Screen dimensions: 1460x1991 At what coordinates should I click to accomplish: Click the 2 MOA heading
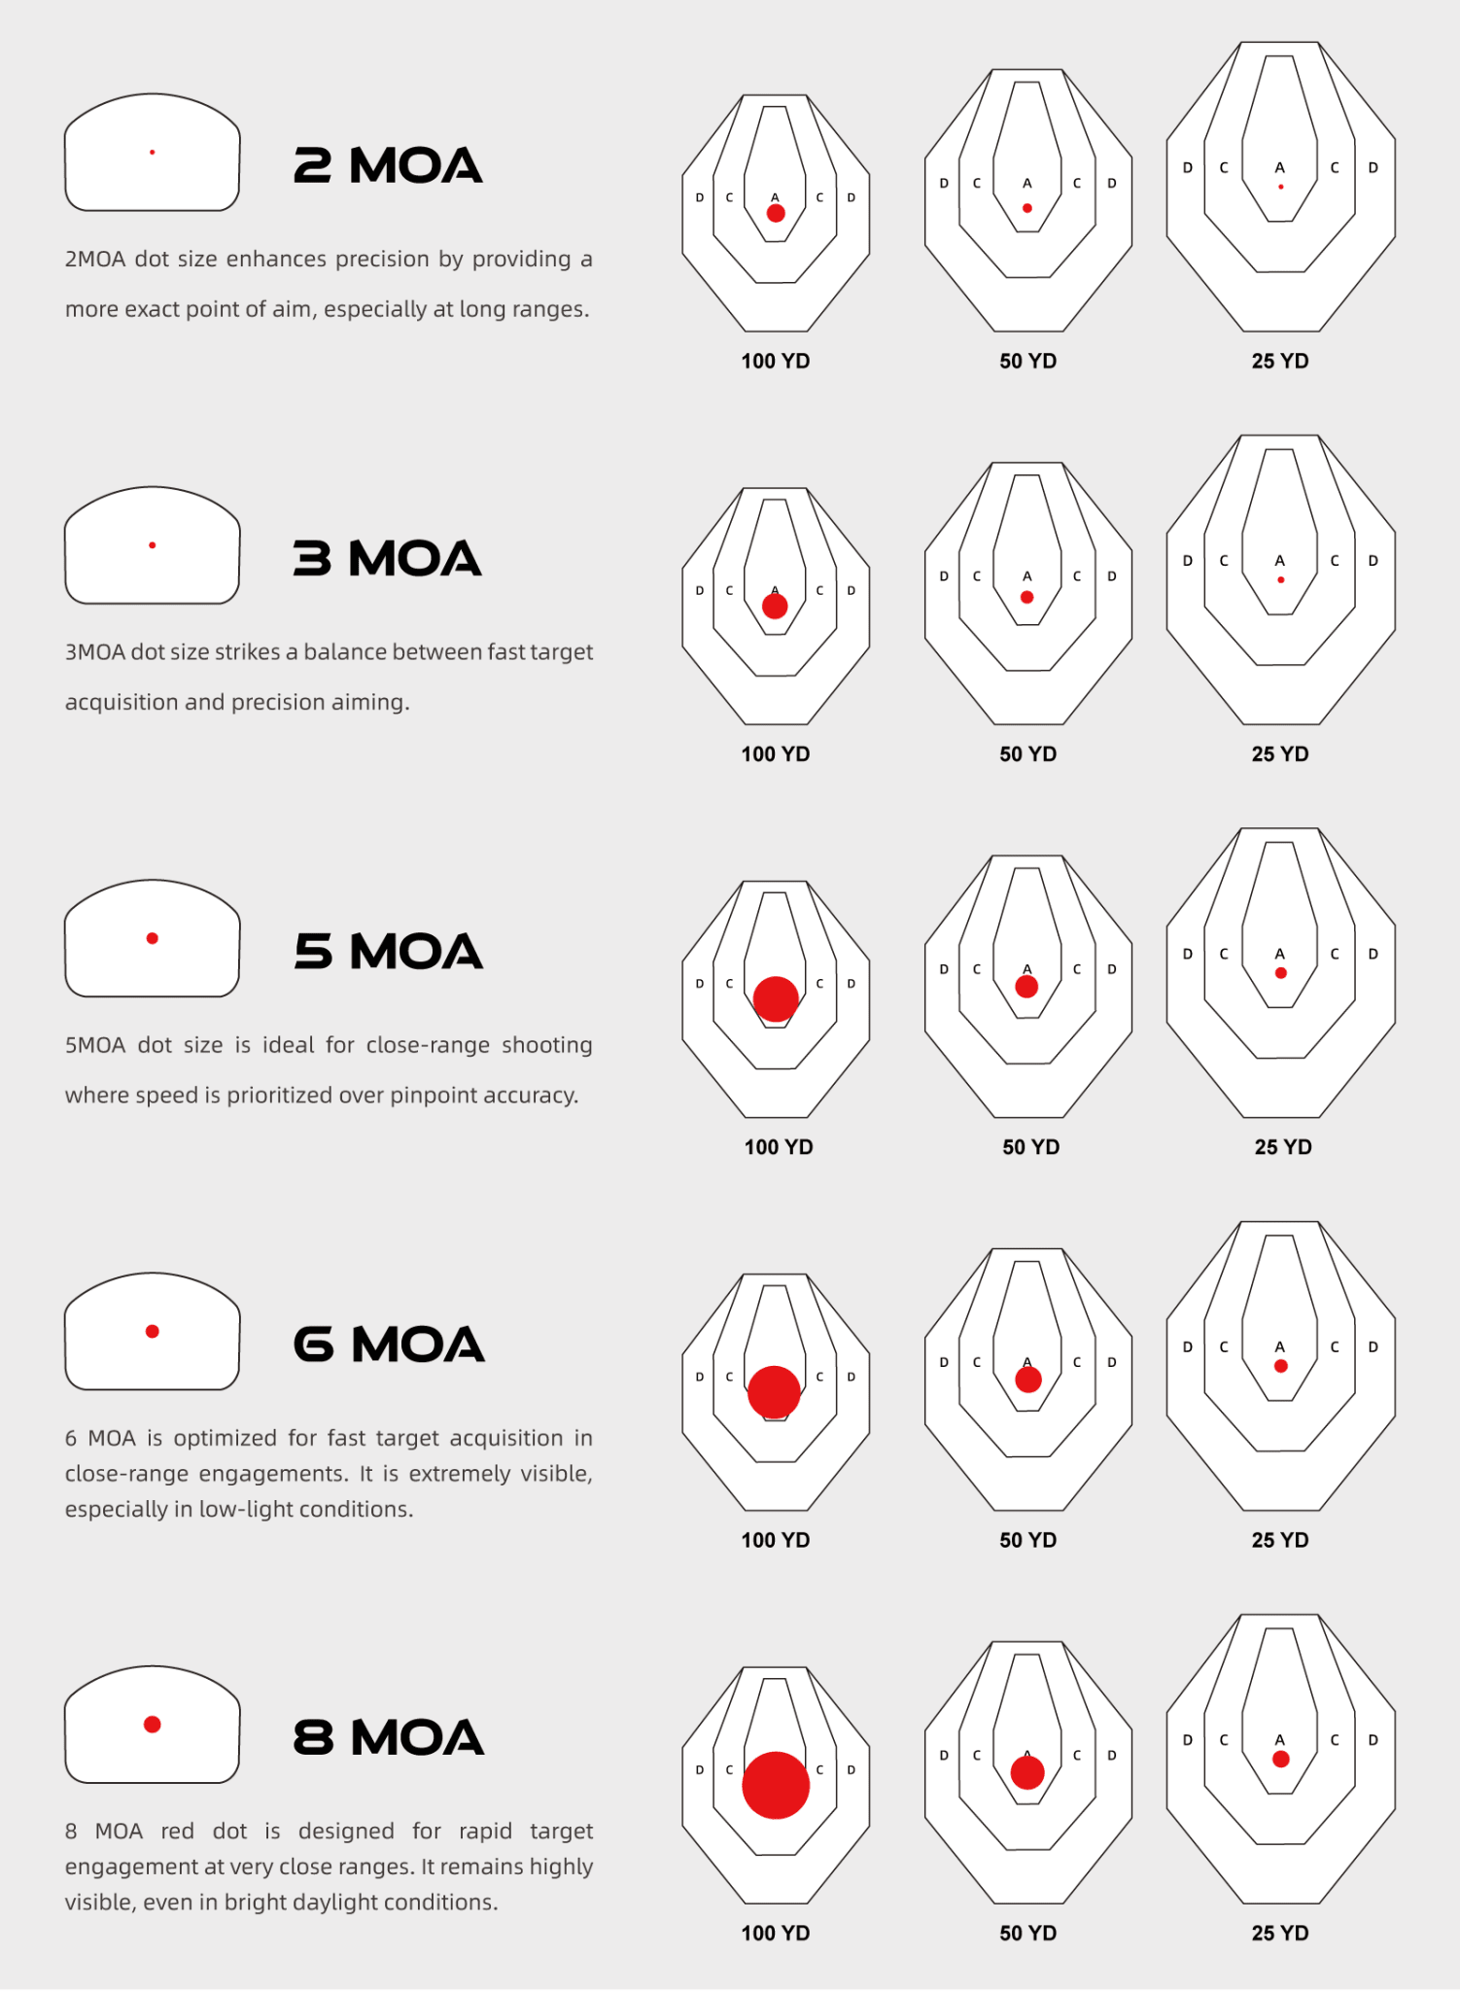point(388,165)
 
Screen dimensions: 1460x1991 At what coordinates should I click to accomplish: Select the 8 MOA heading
point(388,1737)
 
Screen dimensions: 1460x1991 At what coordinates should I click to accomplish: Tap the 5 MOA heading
point(388,951)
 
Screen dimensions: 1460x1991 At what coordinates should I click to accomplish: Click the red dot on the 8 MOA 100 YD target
point(776,1785)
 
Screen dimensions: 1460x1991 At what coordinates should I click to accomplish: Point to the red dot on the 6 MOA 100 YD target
point(774,1391)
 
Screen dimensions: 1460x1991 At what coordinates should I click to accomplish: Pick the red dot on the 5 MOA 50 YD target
point(1026,987)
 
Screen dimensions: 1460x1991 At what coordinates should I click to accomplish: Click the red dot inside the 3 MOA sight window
point(153,545)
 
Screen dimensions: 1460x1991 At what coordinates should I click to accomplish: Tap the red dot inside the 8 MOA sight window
point(153,1725)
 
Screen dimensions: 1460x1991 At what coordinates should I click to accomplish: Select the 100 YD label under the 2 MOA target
point(776,362)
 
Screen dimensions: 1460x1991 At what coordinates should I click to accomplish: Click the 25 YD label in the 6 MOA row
point(1280,1541)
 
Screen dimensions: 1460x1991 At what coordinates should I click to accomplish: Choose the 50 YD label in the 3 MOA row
point(1028,754)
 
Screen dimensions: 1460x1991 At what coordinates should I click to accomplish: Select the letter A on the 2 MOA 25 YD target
point(1280,168)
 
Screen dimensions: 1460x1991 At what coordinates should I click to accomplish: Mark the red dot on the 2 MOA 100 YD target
point(776,213)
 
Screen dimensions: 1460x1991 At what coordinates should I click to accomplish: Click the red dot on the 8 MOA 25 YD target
point(1281,1759)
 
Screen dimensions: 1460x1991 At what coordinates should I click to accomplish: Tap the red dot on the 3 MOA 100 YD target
point(775,607)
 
